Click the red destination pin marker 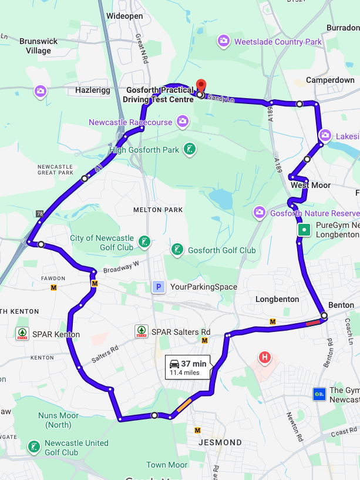(200, 86)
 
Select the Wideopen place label (125, 16)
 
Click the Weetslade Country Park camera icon (224, 41)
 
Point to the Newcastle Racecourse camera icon (183, 122)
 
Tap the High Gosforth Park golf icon (190, 149)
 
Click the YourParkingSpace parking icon (157, 287)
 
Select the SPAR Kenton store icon (22, 334)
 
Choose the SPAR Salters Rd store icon (142, 331)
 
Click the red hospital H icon (265, 357)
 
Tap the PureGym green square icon (304, 230)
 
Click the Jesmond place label (220, 442)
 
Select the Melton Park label (158, 210)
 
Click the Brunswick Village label (39, 46)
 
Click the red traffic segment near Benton (314, 321)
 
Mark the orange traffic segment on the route (184, 405)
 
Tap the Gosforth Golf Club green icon (177, 250)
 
